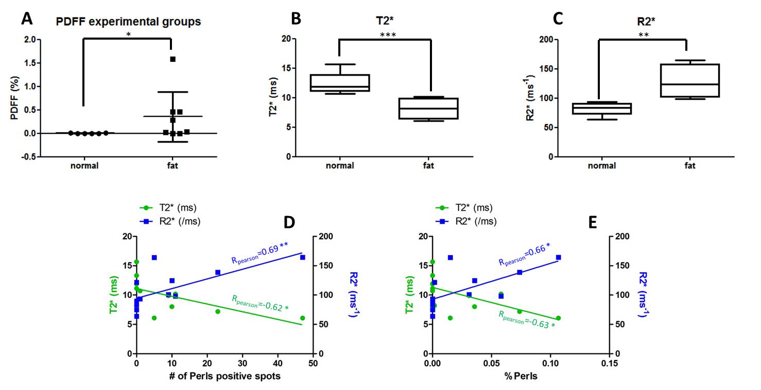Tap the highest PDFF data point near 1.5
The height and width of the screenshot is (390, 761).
pos(173,59)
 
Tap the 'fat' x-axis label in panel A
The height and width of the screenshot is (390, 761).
pos(173,166)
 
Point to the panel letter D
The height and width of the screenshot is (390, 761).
pos(291,222)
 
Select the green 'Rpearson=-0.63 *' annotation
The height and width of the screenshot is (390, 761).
pos(525,319)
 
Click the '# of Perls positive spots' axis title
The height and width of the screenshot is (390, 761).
pos(225,376)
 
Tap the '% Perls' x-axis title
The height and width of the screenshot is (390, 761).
pos(521,376)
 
